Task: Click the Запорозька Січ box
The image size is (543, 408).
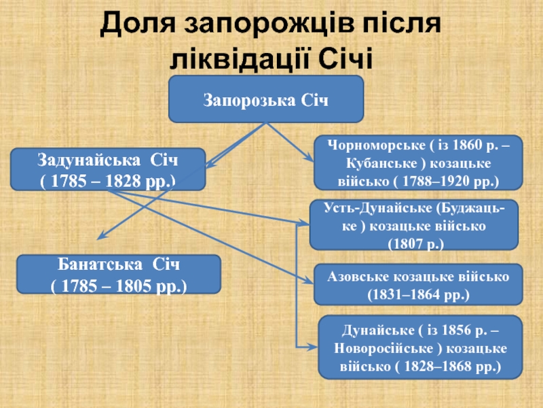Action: pyautogui.click(x=266, y=99)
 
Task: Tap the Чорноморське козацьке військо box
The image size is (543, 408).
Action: pyautogui.click(x=418, y=162)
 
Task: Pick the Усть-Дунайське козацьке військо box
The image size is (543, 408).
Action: pyautogui.click(x=413, y=224)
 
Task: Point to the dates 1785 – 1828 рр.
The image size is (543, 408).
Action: pyautogui.click(x=108, y=181)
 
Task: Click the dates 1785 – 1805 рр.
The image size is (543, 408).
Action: pyautogui.click(x=118, y=284)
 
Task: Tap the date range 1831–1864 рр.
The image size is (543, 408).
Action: pyautogui.click(x=418, y=294)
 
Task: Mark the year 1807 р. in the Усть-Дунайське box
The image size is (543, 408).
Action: pyautogui.click(x=414, y=243)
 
